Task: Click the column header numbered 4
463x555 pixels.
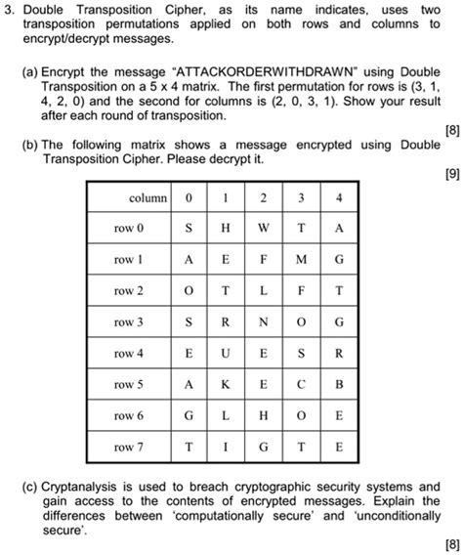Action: click(338, 197)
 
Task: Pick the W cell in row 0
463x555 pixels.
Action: click(263, 229)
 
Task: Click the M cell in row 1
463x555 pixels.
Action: click(301, 260)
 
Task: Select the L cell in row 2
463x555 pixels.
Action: click(263, 291)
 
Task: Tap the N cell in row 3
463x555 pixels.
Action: click(263, 322)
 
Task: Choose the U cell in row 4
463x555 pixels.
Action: click(225, 354)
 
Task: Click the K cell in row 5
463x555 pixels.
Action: click(225, 385)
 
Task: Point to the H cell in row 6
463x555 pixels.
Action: click(263, 416)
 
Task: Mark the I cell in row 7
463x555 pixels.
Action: click(225, 448)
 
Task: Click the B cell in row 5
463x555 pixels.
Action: click(338, 385)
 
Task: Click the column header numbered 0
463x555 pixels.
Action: click(188, 197)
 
